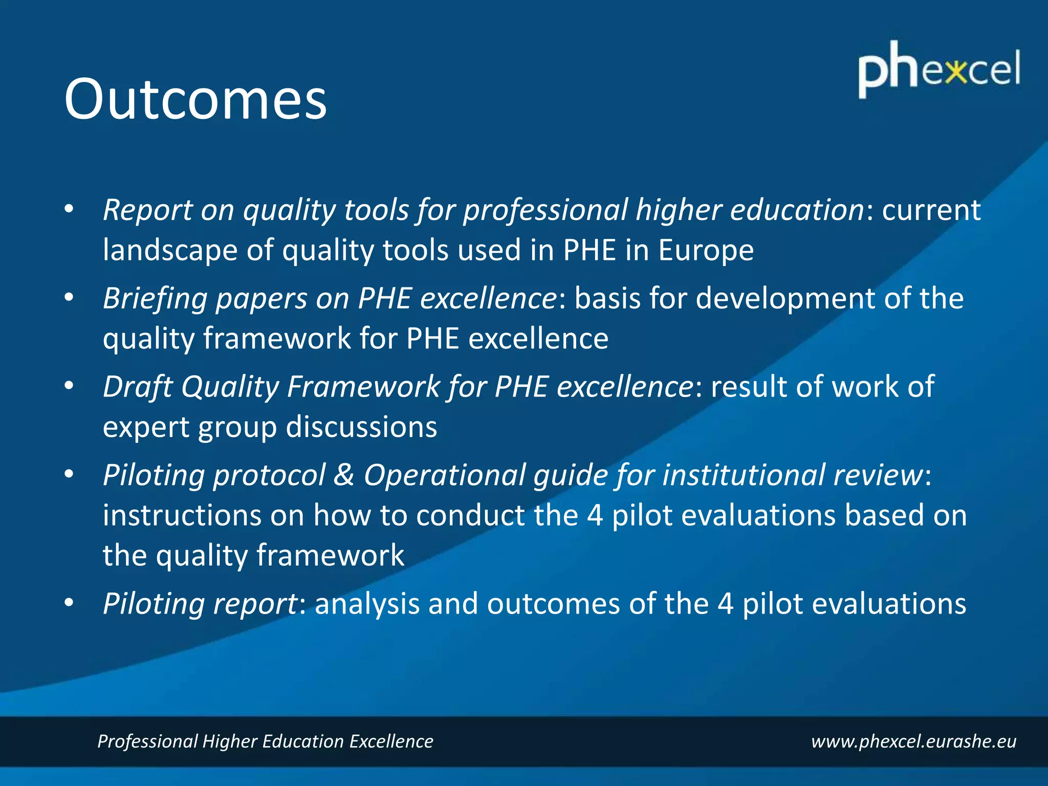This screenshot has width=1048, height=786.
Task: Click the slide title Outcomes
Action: click(x=195, y=99)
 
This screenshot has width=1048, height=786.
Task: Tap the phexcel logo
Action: click(x=939, y=70)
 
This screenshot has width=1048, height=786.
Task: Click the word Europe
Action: click(x=706, y=250)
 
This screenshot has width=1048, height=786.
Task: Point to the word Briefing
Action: click(x=155, y=298)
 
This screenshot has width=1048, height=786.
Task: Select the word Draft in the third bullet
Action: click(x=137, y=387)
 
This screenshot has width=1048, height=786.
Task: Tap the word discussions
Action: click(x=361, y=427)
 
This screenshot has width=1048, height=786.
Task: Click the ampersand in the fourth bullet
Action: click(x=344, y=475)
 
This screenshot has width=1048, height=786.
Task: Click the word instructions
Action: click(x=182, y=515)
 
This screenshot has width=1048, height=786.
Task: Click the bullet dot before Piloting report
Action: click(x=69, y=603)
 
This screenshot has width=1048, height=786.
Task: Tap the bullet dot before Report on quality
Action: click(x=69, y=209)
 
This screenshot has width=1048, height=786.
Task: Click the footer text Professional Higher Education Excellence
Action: click(x=265, y=741)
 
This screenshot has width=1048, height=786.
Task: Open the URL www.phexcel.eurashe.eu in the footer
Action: click(x=913, y=741)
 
